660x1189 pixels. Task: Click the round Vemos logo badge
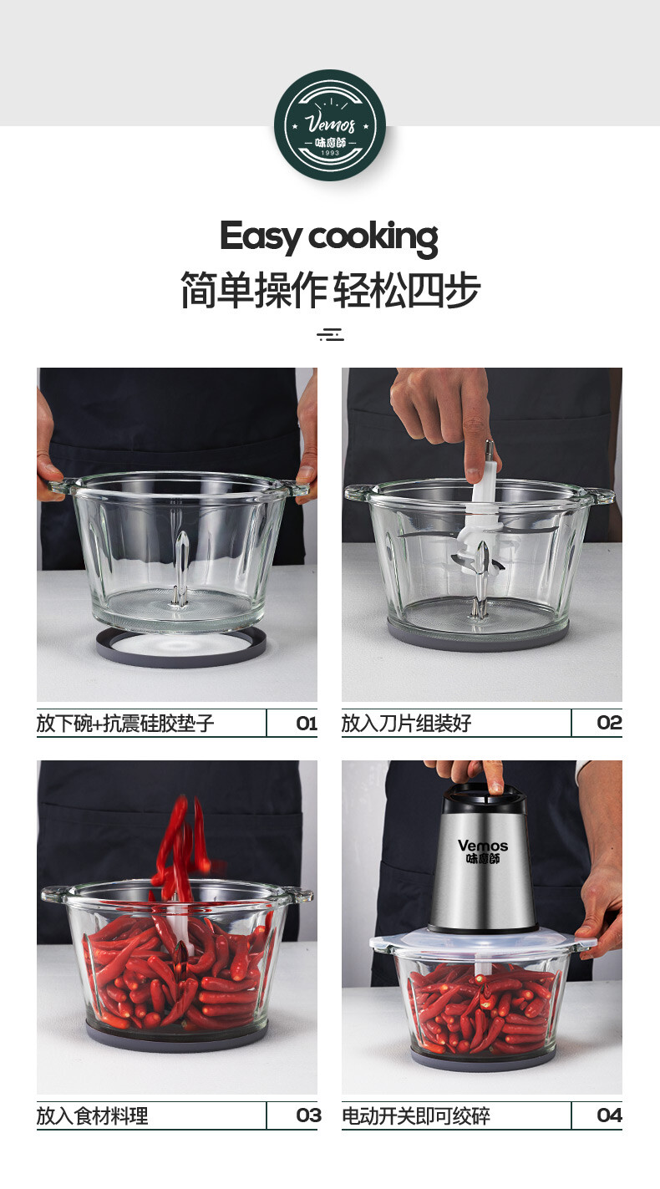pos(330,125)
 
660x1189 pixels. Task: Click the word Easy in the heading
pos(261,236)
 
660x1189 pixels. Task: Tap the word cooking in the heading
pos(373,238)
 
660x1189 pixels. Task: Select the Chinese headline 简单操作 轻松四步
pos(330,289)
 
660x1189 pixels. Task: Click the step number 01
pos(307,723)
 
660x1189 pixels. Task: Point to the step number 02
pos(609,723)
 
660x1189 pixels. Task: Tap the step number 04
pos(609,1115)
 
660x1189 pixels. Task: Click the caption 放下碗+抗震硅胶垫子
pos(125,723)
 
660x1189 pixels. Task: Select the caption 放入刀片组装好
pos(406,723)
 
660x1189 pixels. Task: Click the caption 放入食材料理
pos(92,1115)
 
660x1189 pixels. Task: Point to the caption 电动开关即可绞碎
pos(416,1115)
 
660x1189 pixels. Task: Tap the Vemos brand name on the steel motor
pos(483,846)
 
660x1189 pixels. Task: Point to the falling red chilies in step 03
pos(180,844)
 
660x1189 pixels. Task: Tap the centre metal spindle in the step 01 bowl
pos(181,569)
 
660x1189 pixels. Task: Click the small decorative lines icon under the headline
pos(330,335)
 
